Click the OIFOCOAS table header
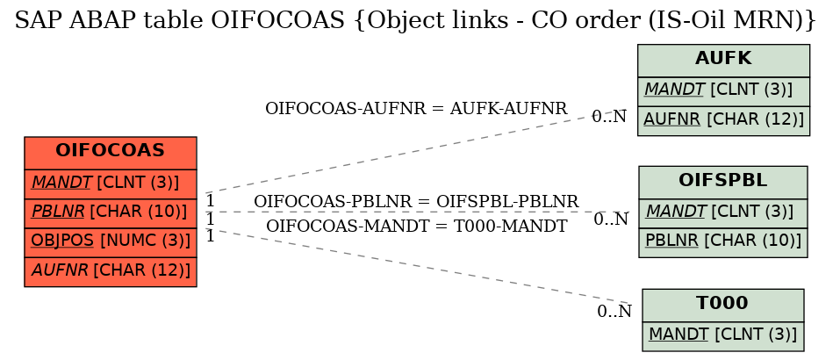click(111, 153)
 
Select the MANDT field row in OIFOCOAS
click(111, 184)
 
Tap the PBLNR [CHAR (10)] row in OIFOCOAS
click(111, 213)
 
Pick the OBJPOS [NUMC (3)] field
click(111, 242)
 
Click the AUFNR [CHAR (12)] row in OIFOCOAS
click(111, 271)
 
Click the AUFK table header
click(723, 61)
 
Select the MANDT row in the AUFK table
click(723, 91)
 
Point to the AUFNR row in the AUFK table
click(723, 120)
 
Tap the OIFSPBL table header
click(723, 183)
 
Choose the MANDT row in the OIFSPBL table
click(723, 213)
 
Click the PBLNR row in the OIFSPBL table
click(723, 242)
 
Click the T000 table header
click(723, 306)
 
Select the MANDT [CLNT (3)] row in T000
click(723, 336)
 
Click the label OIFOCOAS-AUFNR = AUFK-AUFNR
click(416, 109)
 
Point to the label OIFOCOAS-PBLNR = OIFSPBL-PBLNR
click(416, 202)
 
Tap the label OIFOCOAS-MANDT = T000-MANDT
click(416, 226)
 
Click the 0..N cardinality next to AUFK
click(609, 117)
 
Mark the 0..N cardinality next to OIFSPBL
click(611, 219)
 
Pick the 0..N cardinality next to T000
click(614, 311)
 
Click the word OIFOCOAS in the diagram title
click(278, 20)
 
